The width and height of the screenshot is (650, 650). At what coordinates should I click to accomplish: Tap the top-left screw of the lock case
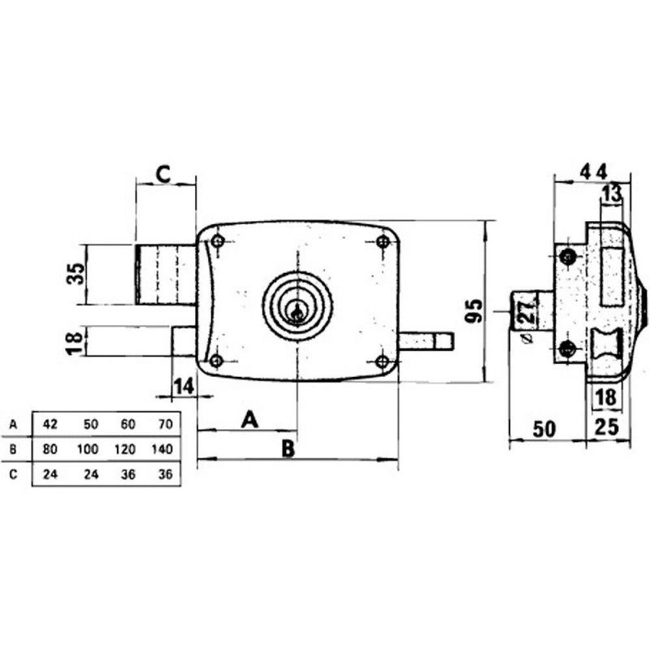click(218, 240)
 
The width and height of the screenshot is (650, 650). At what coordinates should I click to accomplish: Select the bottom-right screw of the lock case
click(382, 362)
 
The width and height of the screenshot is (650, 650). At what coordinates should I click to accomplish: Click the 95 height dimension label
click(474, 310)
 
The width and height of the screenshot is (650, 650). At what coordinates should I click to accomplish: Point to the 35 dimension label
click(76, 274)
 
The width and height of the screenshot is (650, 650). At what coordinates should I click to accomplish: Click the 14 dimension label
click(184, 387)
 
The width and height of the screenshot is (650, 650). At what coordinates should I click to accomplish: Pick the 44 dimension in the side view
click(594, 171)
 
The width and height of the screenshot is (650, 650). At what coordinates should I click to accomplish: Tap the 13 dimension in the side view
click(612, 193)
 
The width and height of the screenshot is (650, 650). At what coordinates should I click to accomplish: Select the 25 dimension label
click(606, 427)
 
